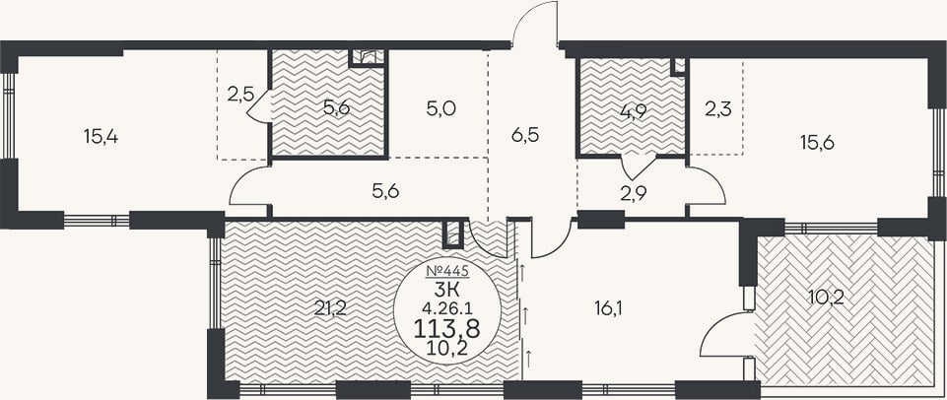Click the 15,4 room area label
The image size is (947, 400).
pos(101,137)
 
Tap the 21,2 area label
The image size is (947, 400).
pos(330,308)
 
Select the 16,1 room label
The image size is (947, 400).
pos(608,308)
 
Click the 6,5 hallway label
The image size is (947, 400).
pos(524,134)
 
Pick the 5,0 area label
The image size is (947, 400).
pos(440,108)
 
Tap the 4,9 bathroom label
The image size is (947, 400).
pos(631,113)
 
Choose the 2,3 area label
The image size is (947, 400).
pos(717,110)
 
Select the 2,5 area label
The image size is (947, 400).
pos(239,95)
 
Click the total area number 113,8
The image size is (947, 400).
pos(446,329)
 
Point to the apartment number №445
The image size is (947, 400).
pos(447,269)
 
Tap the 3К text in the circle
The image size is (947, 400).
pos(447,288)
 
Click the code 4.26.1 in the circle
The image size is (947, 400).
pos(446,307)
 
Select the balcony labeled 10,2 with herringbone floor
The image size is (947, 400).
pos(846,309)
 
